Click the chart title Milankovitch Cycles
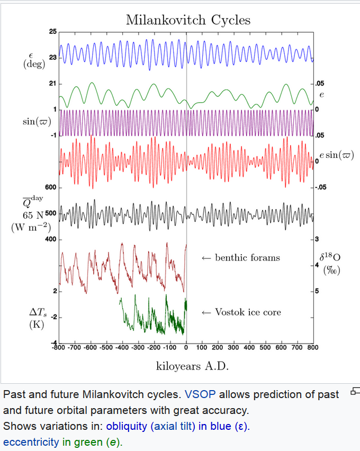(188, 20)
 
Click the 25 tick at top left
(52, 32)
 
